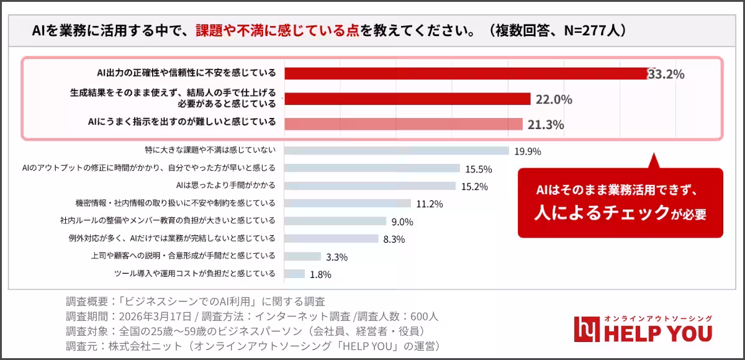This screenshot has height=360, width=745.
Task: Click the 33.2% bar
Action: (x=466, y=73)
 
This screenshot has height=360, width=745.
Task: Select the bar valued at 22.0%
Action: (x=407, y=99)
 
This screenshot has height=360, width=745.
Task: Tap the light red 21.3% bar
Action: (x=404, y=124)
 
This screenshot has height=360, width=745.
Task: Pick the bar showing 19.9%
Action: (x=396, y=150)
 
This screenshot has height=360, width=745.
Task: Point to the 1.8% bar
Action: (x=294, y=274)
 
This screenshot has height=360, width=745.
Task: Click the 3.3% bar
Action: (x=302, y=256)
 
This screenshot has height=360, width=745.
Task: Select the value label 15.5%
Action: (x=479, y=169)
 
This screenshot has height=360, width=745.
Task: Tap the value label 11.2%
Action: (x=429, y=204)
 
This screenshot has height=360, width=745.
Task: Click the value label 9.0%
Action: (x=402, y=222)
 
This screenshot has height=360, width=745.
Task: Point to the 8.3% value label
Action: (x=394, y=239)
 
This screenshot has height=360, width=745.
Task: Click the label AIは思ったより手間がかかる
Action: (x=225, y=185)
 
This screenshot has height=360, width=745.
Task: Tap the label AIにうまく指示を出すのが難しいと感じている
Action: (x=182, y=122)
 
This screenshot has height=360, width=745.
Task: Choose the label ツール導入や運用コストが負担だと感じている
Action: (x=194, y=273)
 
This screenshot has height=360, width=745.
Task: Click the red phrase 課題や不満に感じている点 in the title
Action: (x=278, y=30)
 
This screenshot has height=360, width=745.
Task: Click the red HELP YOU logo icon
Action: (x=586, y=329)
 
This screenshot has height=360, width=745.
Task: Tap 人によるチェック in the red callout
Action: (x=600, y=212)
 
